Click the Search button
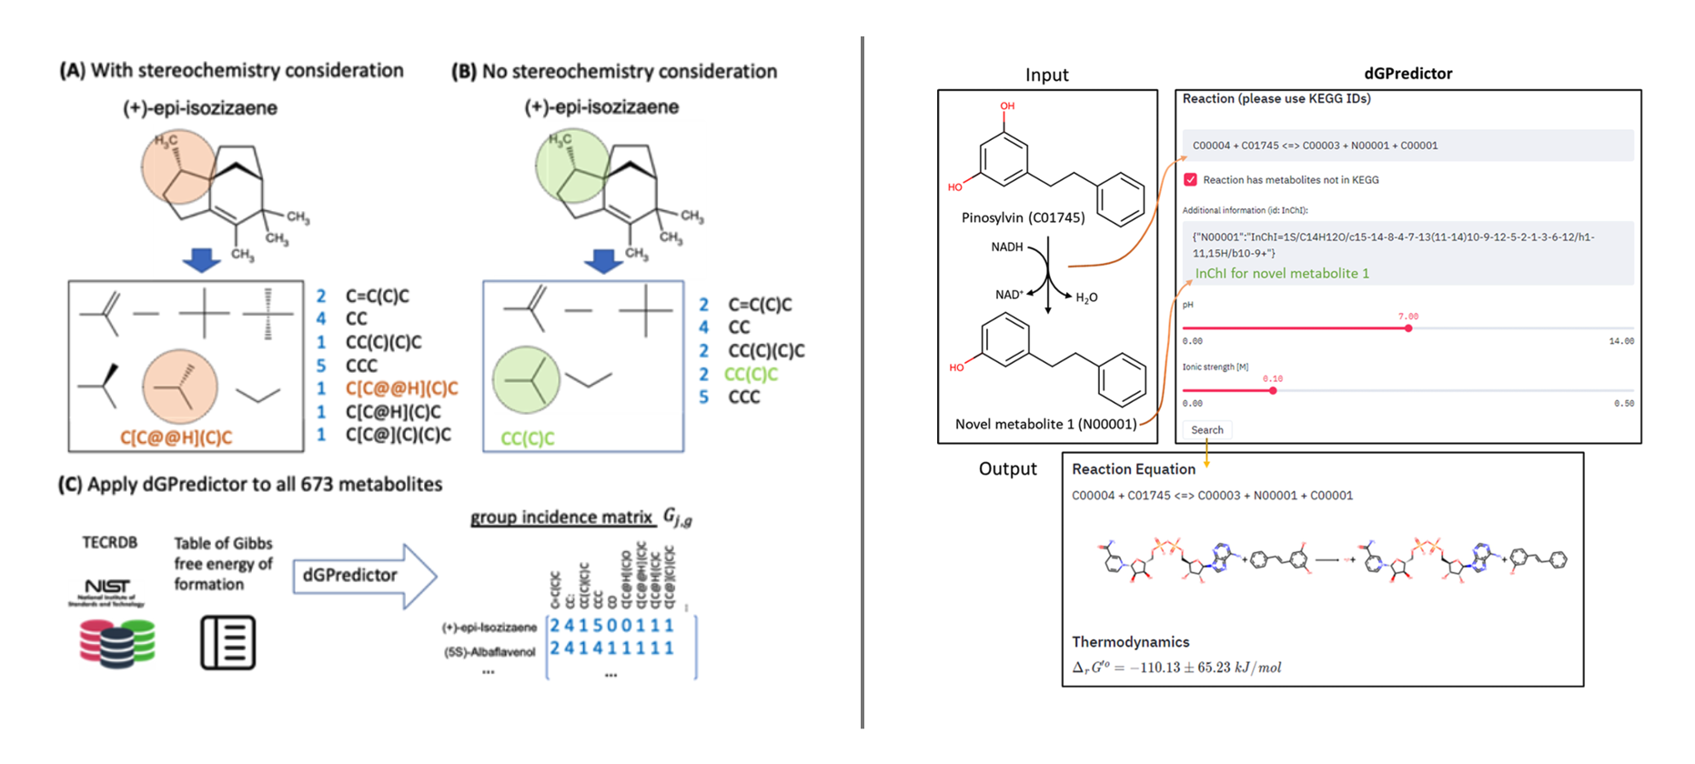point(1207,430)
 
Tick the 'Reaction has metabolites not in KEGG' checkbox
point(1190,180)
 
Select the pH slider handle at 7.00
point(1407,328)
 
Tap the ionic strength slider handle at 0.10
point(1273,390)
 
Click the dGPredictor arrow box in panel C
point(363,576)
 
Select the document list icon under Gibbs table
point(227,642)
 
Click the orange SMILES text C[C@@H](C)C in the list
point(401,388)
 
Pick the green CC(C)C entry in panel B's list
point(751,374)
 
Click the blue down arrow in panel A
point(201,260)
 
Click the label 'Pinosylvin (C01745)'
point(1023,218)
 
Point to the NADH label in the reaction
point(1006,247)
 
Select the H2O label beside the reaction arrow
point(1086,298)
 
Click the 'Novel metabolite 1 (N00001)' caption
point(1045,424)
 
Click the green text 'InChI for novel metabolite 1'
point(1281,274)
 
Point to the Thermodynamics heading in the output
point(1130,642)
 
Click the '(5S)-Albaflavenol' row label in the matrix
point(489,652)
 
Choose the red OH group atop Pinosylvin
point(1007,106)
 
